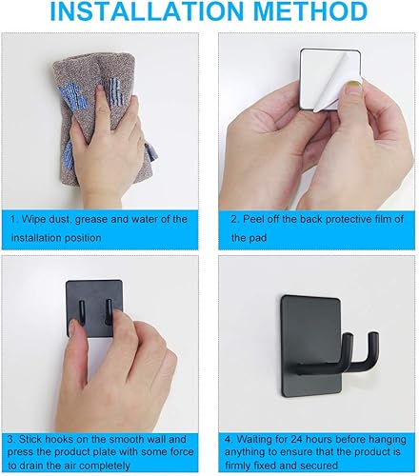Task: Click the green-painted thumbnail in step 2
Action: click(x=354, y=89)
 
